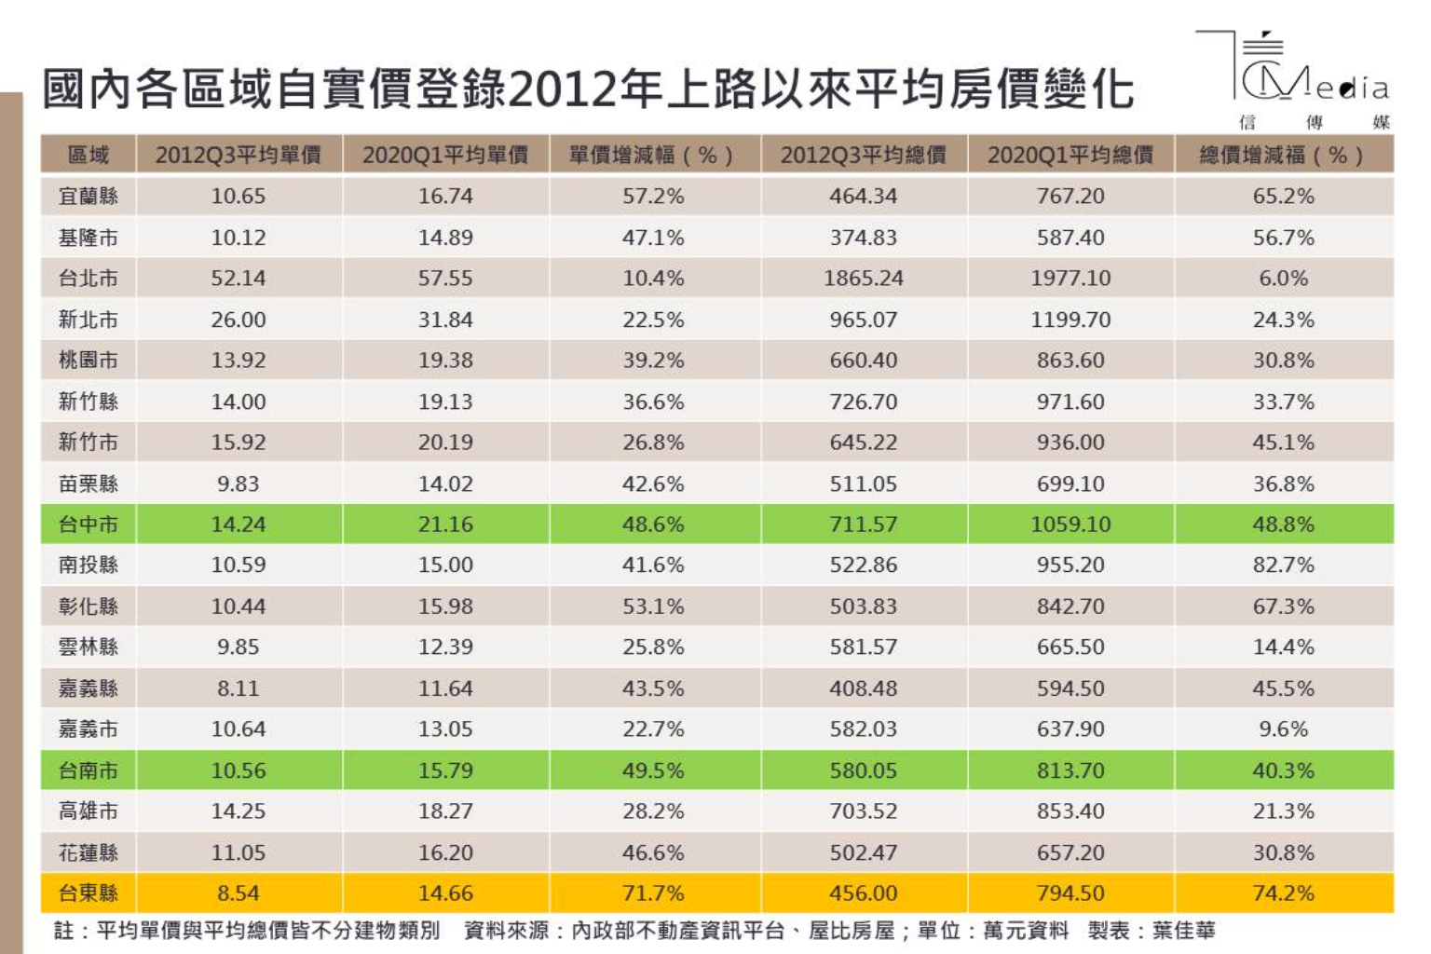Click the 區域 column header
pyautogui.click(x=89, y=155)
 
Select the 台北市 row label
pyautogui.click(x=89, y=279)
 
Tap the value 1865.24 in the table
pyautogui.click(x=863, y=279)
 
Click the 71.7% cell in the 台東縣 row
pyautogui.click(x=653, y=893)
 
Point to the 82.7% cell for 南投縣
pyautogui.click(x=1283, y=566)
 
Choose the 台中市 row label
pyautogui.click(x=89, y=525)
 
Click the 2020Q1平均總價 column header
pyautogui.click(x=1070, y=155)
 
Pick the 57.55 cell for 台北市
pyautogui.click(x=445, y=279)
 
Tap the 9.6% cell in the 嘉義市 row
pyautogui.click(x=1283, y=729)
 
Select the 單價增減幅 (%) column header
pyautogui.click(x=652, y=155)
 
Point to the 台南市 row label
pyautogui.click(x=89, y=770)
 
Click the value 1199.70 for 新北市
pyautogui.click(x=1070, y=320)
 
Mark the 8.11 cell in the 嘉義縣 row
pyautogui.click(x=238, y=688)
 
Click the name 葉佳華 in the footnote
pyautogui.click(x=1183, y=930)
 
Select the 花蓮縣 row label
pyautogui.click(x=89, y=852)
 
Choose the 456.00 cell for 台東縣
pyautogui.click(x=863, y=893)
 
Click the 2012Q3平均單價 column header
pyautogui.click(x=238, y=155)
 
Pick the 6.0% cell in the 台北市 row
pyautogui.click(x=1283, y=279)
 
